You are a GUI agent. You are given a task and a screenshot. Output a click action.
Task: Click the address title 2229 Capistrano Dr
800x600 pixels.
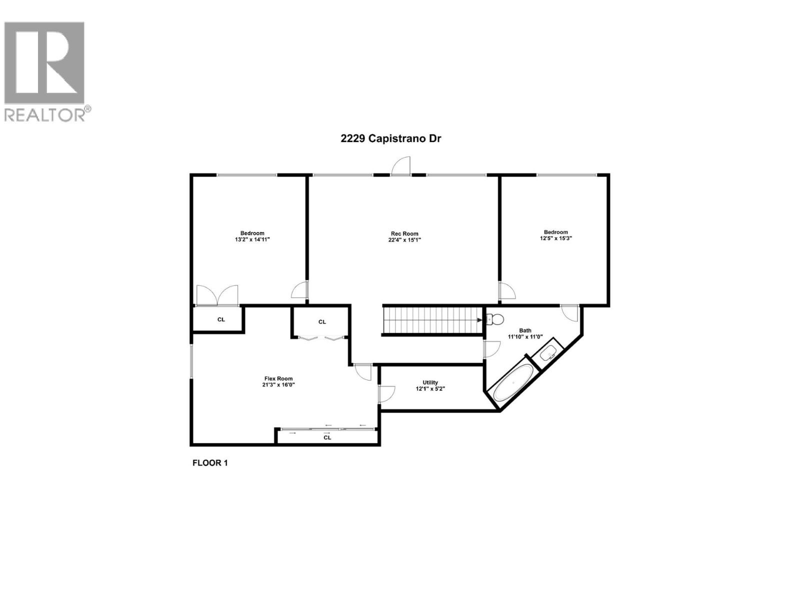[390, 138]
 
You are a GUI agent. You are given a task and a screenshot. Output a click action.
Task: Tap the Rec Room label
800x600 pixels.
[404, 233]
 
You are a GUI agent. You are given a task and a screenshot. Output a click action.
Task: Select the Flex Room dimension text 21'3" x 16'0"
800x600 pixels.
[278, 385]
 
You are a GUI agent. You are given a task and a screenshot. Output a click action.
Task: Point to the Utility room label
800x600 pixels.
[430, 382]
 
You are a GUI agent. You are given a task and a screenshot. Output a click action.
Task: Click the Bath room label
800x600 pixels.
[525, 330]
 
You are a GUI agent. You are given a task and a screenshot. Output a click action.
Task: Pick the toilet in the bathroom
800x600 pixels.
[495, 319]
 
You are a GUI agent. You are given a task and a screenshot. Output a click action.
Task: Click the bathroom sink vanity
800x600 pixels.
[549, 352]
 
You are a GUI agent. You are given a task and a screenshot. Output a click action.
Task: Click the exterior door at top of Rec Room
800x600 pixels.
[401, 166]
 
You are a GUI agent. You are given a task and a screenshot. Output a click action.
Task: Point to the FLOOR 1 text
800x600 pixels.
[210, 463]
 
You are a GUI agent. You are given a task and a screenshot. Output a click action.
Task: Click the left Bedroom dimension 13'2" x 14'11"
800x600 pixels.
[252, 239]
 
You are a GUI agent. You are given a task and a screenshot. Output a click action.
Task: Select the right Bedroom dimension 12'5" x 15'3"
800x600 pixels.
[555, 238]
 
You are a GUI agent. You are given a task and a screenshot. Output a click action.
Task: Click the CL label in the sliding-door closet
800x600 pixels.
[327, 437]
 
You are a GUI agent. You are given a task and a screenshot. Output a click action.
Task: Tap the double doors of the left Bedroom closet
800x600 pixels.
[217, 295]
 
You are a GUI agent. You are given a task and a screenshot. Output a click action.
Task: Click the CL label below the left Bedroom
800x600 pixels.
[221, 319]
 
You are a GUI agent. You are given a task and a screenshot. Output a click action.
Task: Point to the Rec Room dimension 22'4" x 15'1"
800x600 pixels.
[404, 240]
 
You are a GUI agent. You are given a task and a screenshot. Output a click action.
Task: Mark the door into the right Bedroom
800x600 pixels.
[507, 291]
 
